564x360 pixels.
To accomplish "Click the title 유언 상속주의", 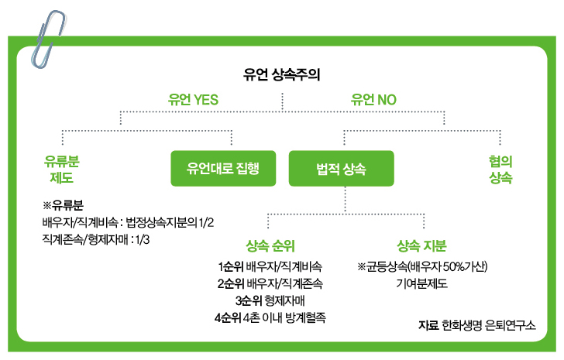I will (x=281, y=76).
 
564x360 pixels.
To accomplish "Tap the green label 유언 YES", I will (x=194, y=100).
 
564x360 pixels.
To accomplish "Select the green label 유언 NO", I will (x=373, y=100).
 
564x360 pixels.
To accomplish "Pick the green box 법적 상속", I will (x=342, y=168).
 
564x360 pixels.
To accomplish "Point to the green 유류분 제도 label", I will (x=61, y=169).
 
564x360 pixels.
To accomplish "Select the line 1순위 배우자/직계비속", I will (x=270, y=266).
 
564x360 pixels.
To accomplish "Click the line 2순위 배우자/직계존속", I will (x=270, y=283).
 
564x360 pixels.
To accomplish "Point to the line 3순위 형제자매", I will (x=270, y=300).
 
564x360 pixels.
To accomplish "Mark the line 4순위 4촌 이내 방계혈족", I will (x=270, y=317).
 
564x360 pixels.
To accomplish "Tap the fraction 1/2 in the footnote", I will (x=204, y=223).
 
